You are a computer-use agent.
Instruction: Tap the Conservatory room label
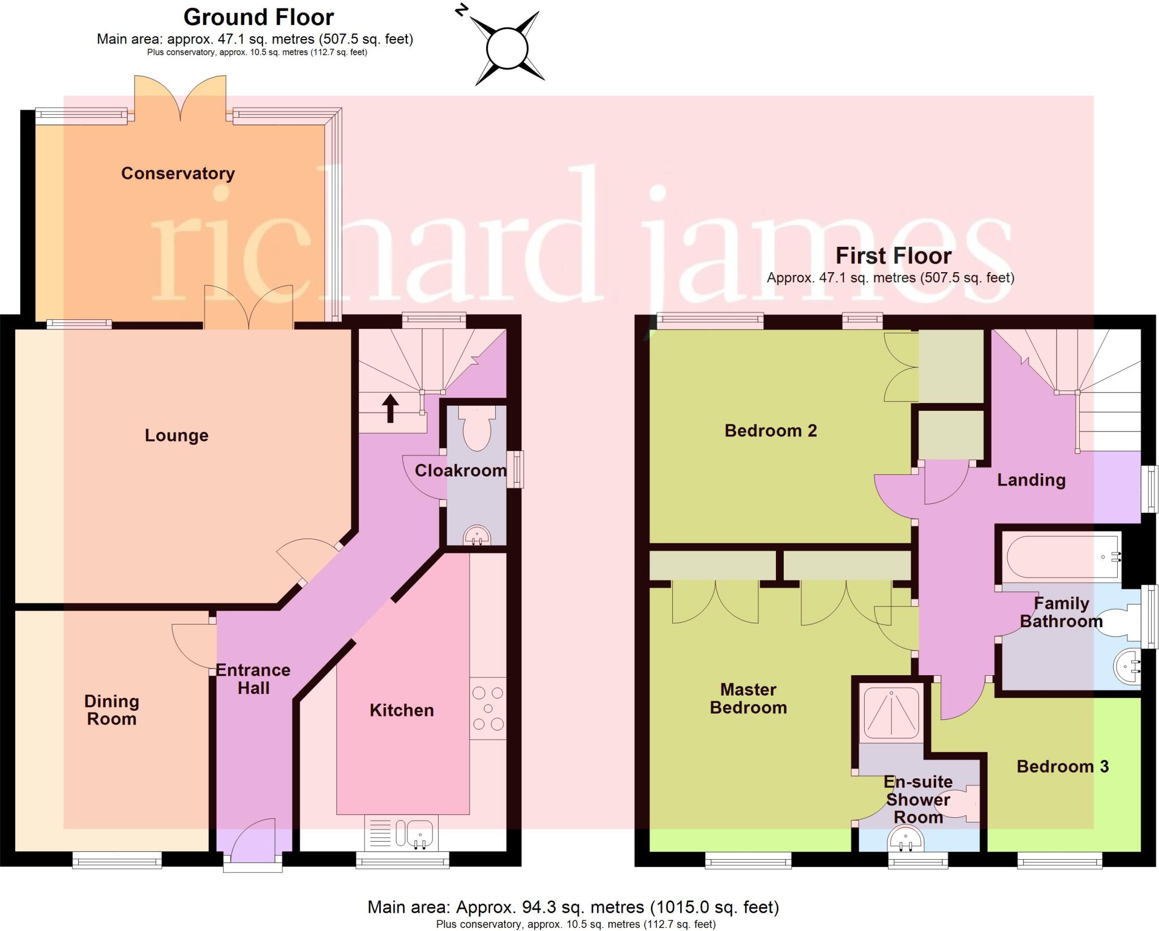tap(178, 173)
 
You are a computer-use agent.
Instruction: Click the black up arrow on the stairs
tap(390, 408)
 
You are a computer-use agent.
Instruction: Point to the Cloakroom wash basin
tap(477, 535)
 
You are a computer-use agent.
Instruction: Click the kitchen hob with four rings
tap(488, 708)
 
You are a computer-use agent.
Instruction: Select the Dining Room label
tap(111, 710)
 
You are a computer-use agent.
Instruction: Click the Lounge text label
tap(177, 435)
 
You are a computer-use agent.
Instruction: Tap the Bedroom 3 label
tap(1062, 766)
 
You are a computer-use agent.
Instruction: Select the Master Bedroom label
tap(748, 698)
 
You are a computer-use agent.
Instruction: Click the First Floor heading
tap(893, 256)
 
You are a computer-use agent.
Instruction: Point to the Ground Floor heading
tap(259, 18)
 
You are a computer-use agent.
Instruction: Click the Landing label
tap(1031, 480)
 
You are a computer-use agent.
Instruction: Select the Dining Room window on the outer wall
tap(117, 861)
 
